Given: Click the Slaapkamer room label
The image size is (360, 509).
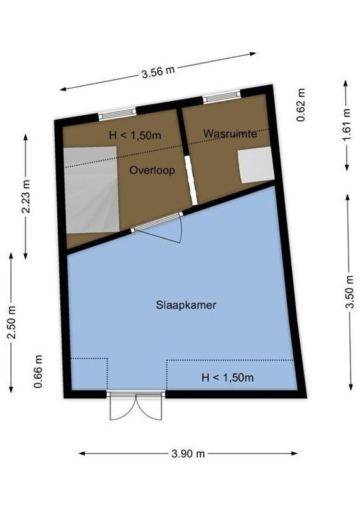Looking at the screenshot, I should tap(186, 305).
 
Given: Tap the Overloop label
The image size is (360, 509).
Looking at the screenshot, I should tap(152, 171).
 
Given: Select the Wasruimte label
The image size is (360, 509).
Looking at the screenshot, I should tap(230, 133).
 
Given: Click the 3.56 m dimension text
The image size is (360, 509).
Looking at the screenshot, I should tap(159, 71).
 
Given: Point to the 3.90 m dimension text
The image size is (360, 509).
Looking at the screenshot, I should tap(188, 454).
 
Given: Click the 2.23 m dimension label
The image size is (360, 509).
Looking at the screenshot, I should tap(25, 197).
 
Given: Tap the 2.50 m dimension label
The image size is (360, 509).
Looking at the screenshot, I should tap(11, 321).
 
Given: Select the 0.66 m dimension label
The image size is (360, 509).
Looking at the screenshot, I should tap(39, 372).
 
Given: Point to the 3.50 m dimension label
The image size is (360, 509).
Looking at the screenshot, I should tap(349, 292).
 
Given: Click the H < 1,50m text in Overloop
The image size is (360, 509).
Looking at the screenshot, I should tap(135, 135).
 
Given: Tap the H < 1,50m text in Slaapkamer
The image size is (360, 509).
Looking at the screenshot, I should tap(228, 378).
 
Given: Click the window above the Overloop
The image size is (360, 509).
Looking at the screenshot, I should tap(116, 114).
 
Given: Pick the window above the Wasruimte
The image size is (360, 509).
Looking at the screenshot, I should tap(221, 97).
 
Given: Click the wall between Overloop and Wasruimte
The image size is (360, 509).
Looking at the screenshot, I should tap(186, 156).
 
